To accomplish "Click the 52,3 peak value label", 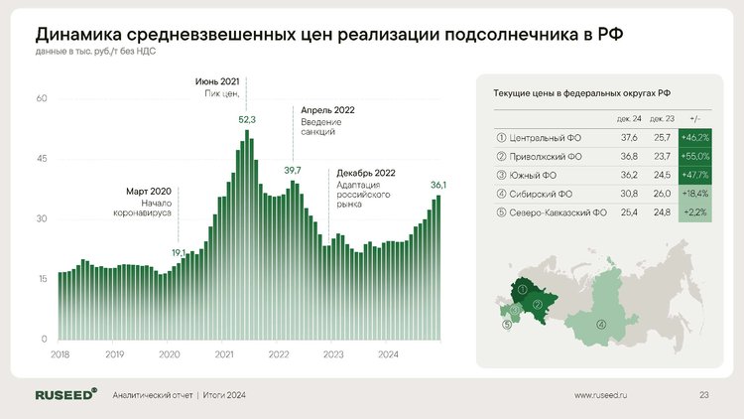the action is pyautogui.click(x=247, y=120).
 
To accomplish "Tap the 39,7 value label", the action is pyautogui.click(x=293, y=170).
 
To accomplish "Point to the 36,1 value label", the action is pyautogui.click(x=437, y=185).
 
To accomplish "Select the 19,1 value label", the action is pyautogui.click(x=179, y=253).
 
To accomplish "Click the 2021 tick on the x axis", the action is pyautogui.click(x=224, y=354).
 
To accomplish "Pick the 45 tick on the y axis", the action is pyautogui.click(x=42, y=159).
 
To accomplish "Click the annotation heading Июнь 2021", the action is pyautogui.click(x=217, y=81).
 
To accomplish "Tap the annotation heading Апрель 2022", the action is pyautogui.click(x=327, y=110).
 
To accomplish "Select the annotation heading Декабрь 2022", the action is pyautogui.click(x=366, y=173).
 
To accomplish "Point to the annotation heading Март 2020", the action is pyautogui.click(x=149, y=192).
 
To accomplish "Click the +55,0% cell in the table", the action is pyautogui.click(x=695, y=156).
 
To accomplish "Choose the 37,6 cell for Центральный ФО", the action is pyautogui.click(x=629, y=138).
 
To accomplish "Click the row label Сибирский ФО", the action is pyautogui.click(x=541, y=194).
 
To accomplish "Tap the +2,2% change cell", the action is pyautogui.click(x=695, y=212).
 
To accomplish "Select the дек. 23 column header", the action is pyautogui.click(x=662, y=119).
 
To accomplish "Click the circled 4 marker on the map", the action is pyautogui.click(x=601, y=325).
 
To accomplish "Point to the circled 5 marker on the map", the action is pyautogui.click(x=507, y=325).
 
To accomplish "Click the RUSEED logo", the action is pyautogui.click(x=65, y=394).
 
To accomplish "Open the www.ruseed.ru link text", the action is pyautogui.click(x=600, y=395).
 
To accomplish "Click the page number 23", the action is pyautogui.click(x=703, y=395).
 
